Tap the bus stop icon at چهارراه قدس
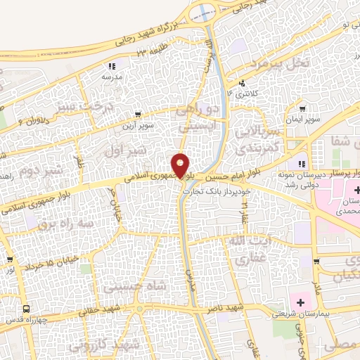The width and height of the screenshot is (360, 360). (x=27, y=309)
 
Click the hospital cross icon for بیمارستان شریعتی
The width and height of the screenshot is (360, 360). (x=302, y=303)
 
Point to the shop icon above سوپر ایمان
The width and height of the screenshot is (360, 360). (x=302, y=109)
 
